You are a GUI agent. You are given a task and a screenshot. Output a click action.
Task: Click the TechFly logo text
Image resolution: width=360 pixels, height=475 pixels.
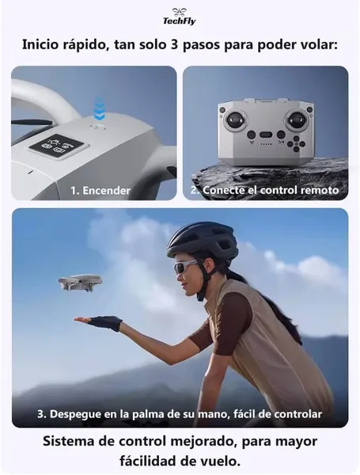[x=180, y=21]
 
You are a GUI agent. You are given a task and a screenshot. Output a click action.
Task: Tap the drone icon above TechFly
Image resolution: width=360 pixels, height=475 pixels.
[x=180, y=12]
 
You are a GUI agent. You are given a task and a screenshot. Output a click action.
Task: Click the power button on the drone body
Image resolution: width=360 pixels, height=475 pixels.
[x=98, y=126]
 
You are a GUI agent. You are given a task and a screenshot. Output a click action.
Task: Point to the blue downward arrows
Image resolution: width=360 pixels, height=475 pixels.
[x=99, y=108]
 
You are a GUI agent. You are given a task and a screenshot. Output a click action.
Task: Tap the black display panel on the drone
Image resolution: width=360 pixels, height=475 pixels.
[x=59, y=146]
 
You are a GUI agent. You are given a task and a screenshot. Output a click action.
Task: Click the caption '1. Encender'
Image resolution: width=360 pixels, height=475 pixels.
[x=100, y=191]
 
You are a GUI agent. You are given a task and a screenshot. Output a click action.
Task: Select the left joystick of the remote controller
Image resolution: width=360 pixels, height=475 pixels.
[x=235, y=119]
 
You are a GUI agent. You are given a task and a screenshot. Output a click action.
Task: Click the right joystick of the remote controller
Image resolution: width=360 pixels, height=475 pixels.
[x=297, y=119]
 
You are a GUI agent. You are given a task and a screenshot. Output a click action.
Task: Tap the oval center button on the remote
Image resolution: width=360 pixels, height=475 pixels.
[x=266, y=135]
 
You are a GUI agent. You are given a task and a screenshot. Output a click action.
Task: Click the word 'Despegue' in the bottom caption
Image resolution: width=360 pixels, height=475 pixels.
[x=74, y=414]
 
